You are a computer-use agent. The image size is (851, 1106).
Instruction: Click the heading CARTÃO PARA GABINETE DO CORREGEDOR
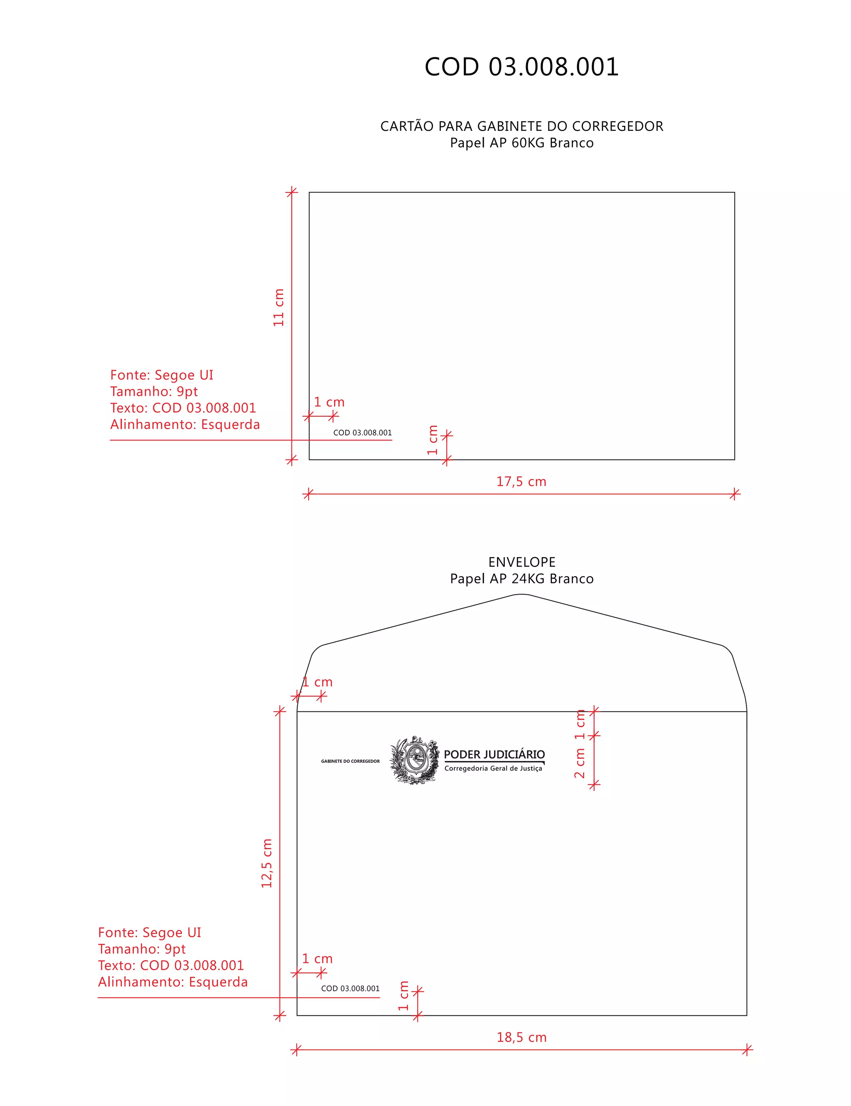[x=522, y=126]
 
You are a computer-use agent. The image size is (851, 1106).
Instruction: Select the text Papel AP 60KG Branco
[x=522, y=143]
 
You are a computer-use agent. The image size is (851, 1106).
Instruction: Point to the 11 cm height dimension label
[x=278, y=308]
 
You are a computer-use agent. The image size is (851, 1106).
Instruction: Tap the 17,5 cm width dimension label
[x=521, y=482]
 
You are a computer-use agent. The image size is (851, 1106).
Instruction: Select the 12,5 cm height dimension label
[x=267, y=863]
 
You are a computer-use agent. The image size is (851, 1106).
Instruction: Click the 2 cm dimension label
[x=580, y=764]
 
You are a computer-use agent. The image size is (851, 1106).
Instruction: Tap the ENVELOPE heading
[x=522, y=562]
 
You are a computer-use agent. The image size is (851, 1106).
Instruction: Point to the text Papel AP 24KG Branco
[x=522, y=579]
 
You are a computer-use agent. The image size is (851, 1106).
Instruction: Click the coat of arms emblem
[x=415, y=759]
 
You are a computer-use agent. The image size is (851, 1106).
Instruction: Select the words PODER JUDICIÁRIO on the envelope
[x=494, y=755]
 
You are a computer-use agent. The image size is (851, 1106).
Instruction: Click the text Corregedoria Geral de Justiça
[x=493, y=769]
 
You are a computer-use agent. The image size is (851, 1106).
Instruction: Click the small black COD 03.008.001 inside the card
[x=362, y=433]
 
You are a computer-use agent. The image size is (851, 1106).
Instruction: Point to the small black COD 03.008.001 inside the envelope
[x=350, y=988]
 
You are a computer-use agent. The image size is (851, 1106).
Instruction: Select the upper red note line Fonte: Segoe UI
[x=162, y=375]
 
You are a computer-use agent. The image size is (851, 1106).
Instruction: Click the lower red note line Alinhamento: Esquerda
[x=173, y=982]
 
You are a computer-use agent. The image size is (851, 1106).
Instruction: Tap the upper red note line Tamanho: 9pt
[x=154, y=391]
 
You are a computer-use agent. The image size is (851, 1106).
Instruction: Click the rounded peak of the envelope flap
[x=522, y=595]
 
